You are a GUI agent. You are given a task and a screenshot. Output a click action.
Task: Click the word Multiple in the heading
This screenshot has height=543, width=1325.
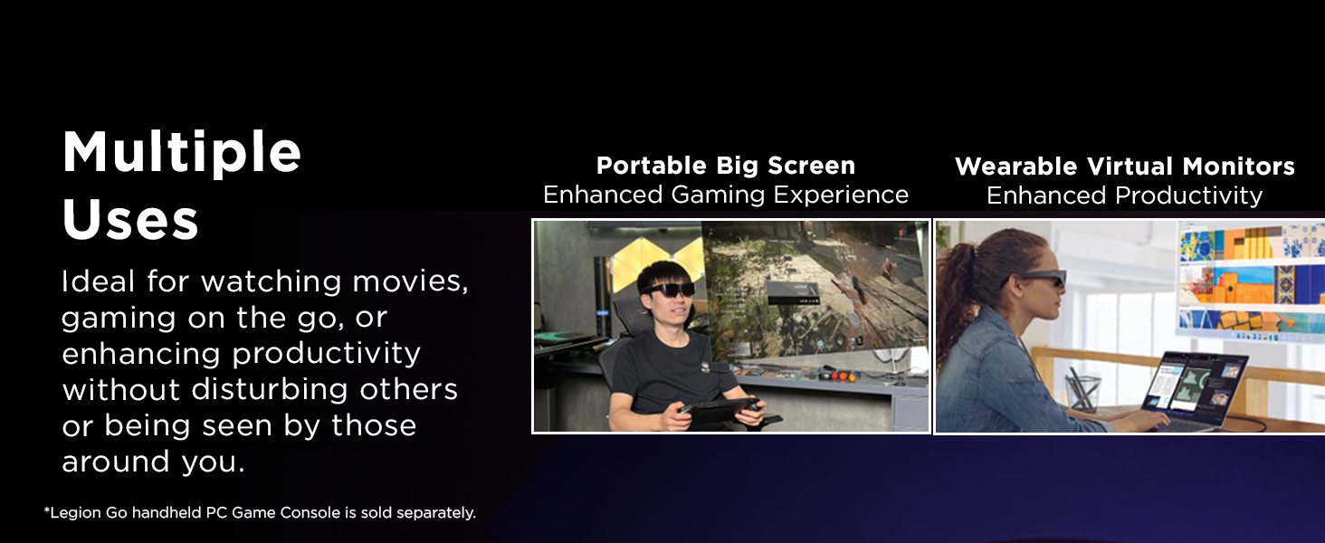coord(182,153)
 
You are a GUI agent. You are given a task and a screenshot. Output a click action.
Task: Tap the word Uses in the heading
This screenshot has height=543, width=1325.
coord(130,219)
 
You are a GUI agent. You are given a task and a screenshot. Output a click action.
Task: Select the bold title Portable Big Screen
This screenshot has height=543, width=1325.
coord(726,166)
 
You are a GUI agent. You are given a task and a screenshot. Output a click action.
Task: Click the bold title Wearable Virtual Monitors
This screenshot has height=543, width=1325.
coord(1124,167)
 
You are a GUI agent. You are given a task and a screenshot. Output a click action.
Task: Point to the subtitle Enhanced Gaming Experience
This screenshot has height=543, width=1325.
coord(726,195)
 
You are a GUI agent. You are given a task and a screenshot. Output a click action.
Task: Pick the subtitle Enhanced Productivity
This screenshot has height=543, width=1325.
coord(1124,195)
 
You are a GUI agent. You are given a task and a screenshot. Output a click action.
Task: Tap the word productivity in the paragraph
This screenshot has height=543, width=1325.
coord(326,355)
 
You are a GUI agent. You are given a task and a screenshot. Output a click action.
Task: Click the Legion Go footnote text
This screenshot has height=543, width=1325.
coord(260,513)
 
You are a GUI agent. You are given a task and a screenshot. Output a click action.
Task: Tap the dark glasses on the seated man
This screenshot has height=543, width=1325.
coord(668,290)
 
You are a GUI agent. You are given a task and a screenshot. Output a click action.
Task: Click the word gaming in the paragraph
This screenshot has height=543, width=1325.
coord(119,319)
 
